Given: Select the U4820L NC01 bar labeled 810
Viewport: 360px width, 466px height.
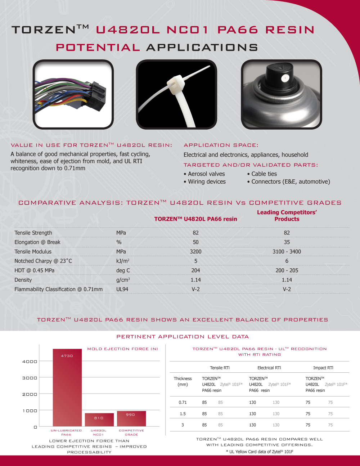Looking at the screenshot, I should (x=99, y=420).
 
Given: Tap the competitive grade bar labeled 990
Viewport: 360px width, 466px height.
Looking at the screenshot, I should (x=131, y=418).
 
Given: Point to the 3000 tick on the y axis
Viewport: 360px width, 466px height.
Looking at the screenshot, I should (x=30, y=378).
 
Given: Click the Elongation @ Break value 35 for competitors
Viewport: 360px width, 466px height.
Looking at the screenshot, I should (x=287, y=242).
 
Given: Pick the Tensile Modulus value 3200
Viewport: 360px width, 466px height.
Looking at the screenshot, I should (x=195, y=252).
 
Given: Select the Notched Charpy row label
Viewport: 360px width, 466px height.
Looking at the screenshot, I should (x=43, y=261).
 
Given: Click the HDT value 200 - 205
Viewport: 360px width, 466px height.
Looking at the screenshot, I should (x=287, y=270).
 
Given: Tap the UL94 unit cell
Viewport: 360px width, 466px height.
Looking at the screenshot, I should (x=122, y=289).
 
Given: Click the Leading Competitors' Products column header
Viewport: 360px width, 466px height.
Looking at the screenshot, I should (x=287, y=216).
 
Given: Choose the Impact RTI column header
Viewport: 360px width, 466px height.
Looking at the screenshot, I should (x=323, y=368).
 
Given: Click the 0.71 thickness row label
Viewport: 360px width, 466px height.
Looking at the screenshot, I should (x=183, y=402).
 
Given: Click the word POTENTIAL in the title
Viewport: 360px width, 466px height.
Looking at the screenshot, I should (x=98, y=48).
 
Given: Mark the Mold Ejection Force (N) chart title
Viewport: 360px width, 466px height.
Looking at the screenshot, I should (x=122, y=349).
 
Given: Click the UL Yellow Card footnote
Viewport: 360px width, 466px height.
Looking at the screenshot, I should (x=260, y=452).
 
